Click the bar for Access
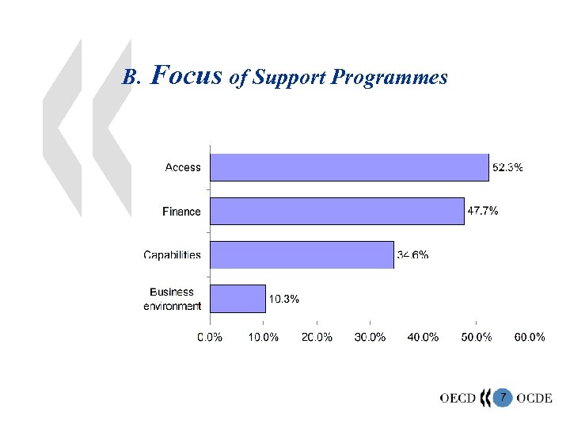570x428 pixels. click(x=349, y=167)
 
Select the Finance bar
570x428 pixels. click(x=336, y=212)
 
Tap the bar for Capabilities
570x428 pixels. click(x=302, y=255)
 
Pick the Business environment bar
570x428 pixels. click(x=237, y=299)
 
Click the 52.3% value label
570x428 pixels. click(x=507, y=167)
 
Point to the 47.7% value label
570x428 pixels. click(x=483, y=211)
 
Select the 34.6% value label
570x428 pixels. click(x=412, y=255)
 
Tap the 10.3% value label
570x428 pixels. click(x=284, y=299)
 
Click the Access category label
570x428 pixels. click(x=183, y=167)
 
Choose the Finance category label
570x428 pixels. click(x=181, y=212)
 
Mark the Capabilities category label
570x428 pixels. click(x=172, y=255)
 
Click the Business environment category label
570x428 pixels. click(x=172, y=299)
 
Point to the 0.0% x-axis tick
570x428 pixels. click(x=210, y=337)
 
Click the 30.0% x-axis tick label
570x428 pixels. click(x=370, y=337)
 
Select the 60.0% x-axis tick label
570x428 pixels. click(x=530, y=337)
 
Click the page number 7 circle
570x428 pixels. click(x=502, y=396)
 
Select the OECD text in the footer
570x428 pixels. click(x=458, y=397)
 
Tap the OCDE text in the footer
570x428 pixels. click(x=534, y=397)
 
